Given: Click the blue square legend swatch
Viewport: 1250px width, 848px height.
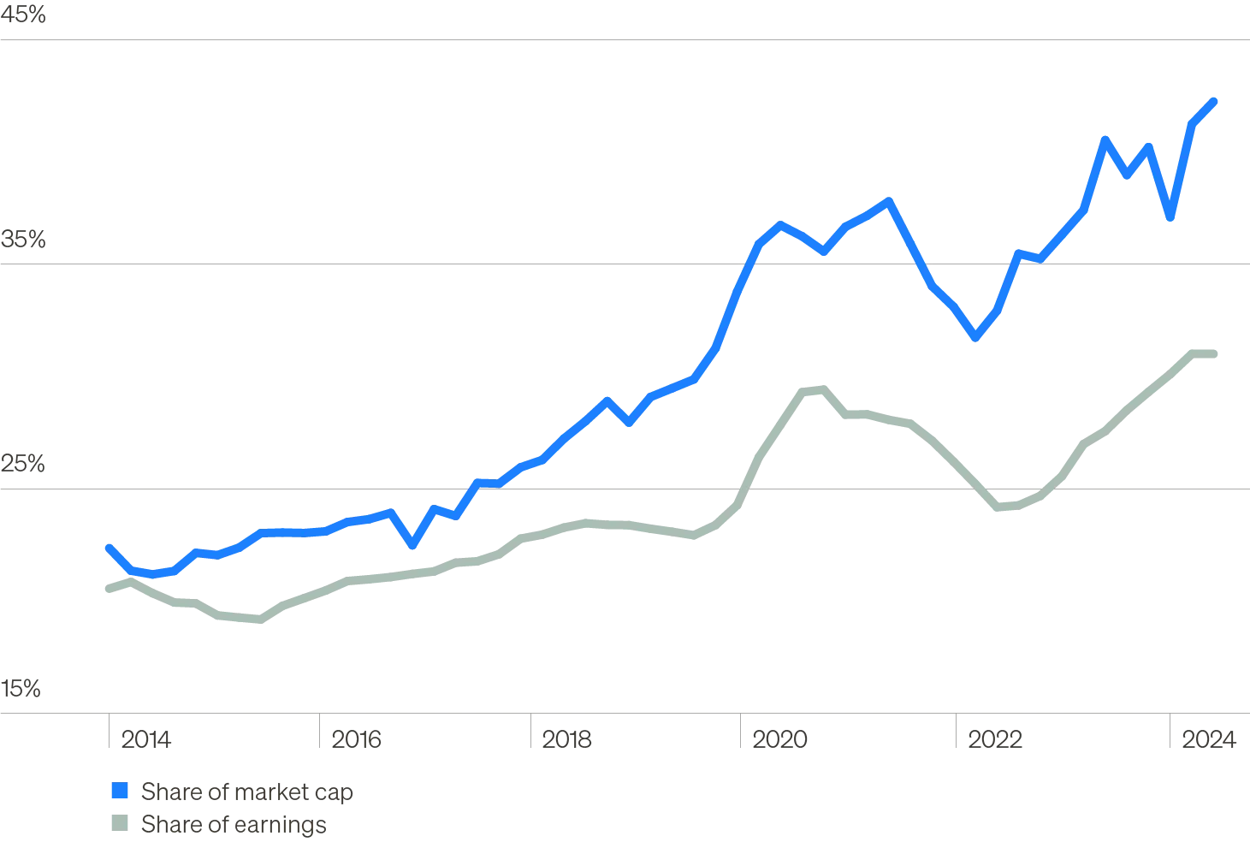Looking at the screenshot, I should pos(120,791).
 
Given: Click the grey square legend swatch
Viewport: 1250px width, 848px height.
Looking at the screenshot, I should pos(120,824).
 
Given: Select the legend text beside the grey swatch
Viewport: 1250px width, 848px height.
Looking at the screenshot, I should pos(232,825).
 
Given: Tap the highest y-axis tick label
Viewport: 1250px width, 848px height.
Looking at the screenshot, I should pos(23,16).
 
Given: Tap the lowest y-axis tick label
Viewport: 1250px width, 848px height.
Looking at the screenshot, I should pos(20,687).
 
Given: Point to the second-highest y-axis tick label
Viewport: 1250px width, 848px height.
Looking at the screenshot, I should pos(23,240).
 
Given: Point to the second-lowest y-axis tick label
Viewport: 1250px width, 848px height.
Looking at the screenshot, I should pos(23,463).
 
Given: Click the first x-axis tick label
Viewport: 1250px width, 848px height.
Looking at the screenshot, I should pos(146,739).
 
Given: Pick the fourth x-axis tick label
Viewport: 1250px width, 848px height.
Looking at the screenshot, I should pos(780,739).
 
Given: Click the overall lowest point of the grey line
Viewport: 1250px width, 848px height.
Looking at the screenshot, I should pos(257,621).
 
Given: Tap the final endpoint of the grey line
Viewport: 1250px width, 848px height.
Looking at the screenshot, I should pos(1213,355).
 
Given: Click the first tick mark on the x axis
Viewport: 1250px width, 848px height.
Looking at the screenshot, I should pos(105,734).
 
